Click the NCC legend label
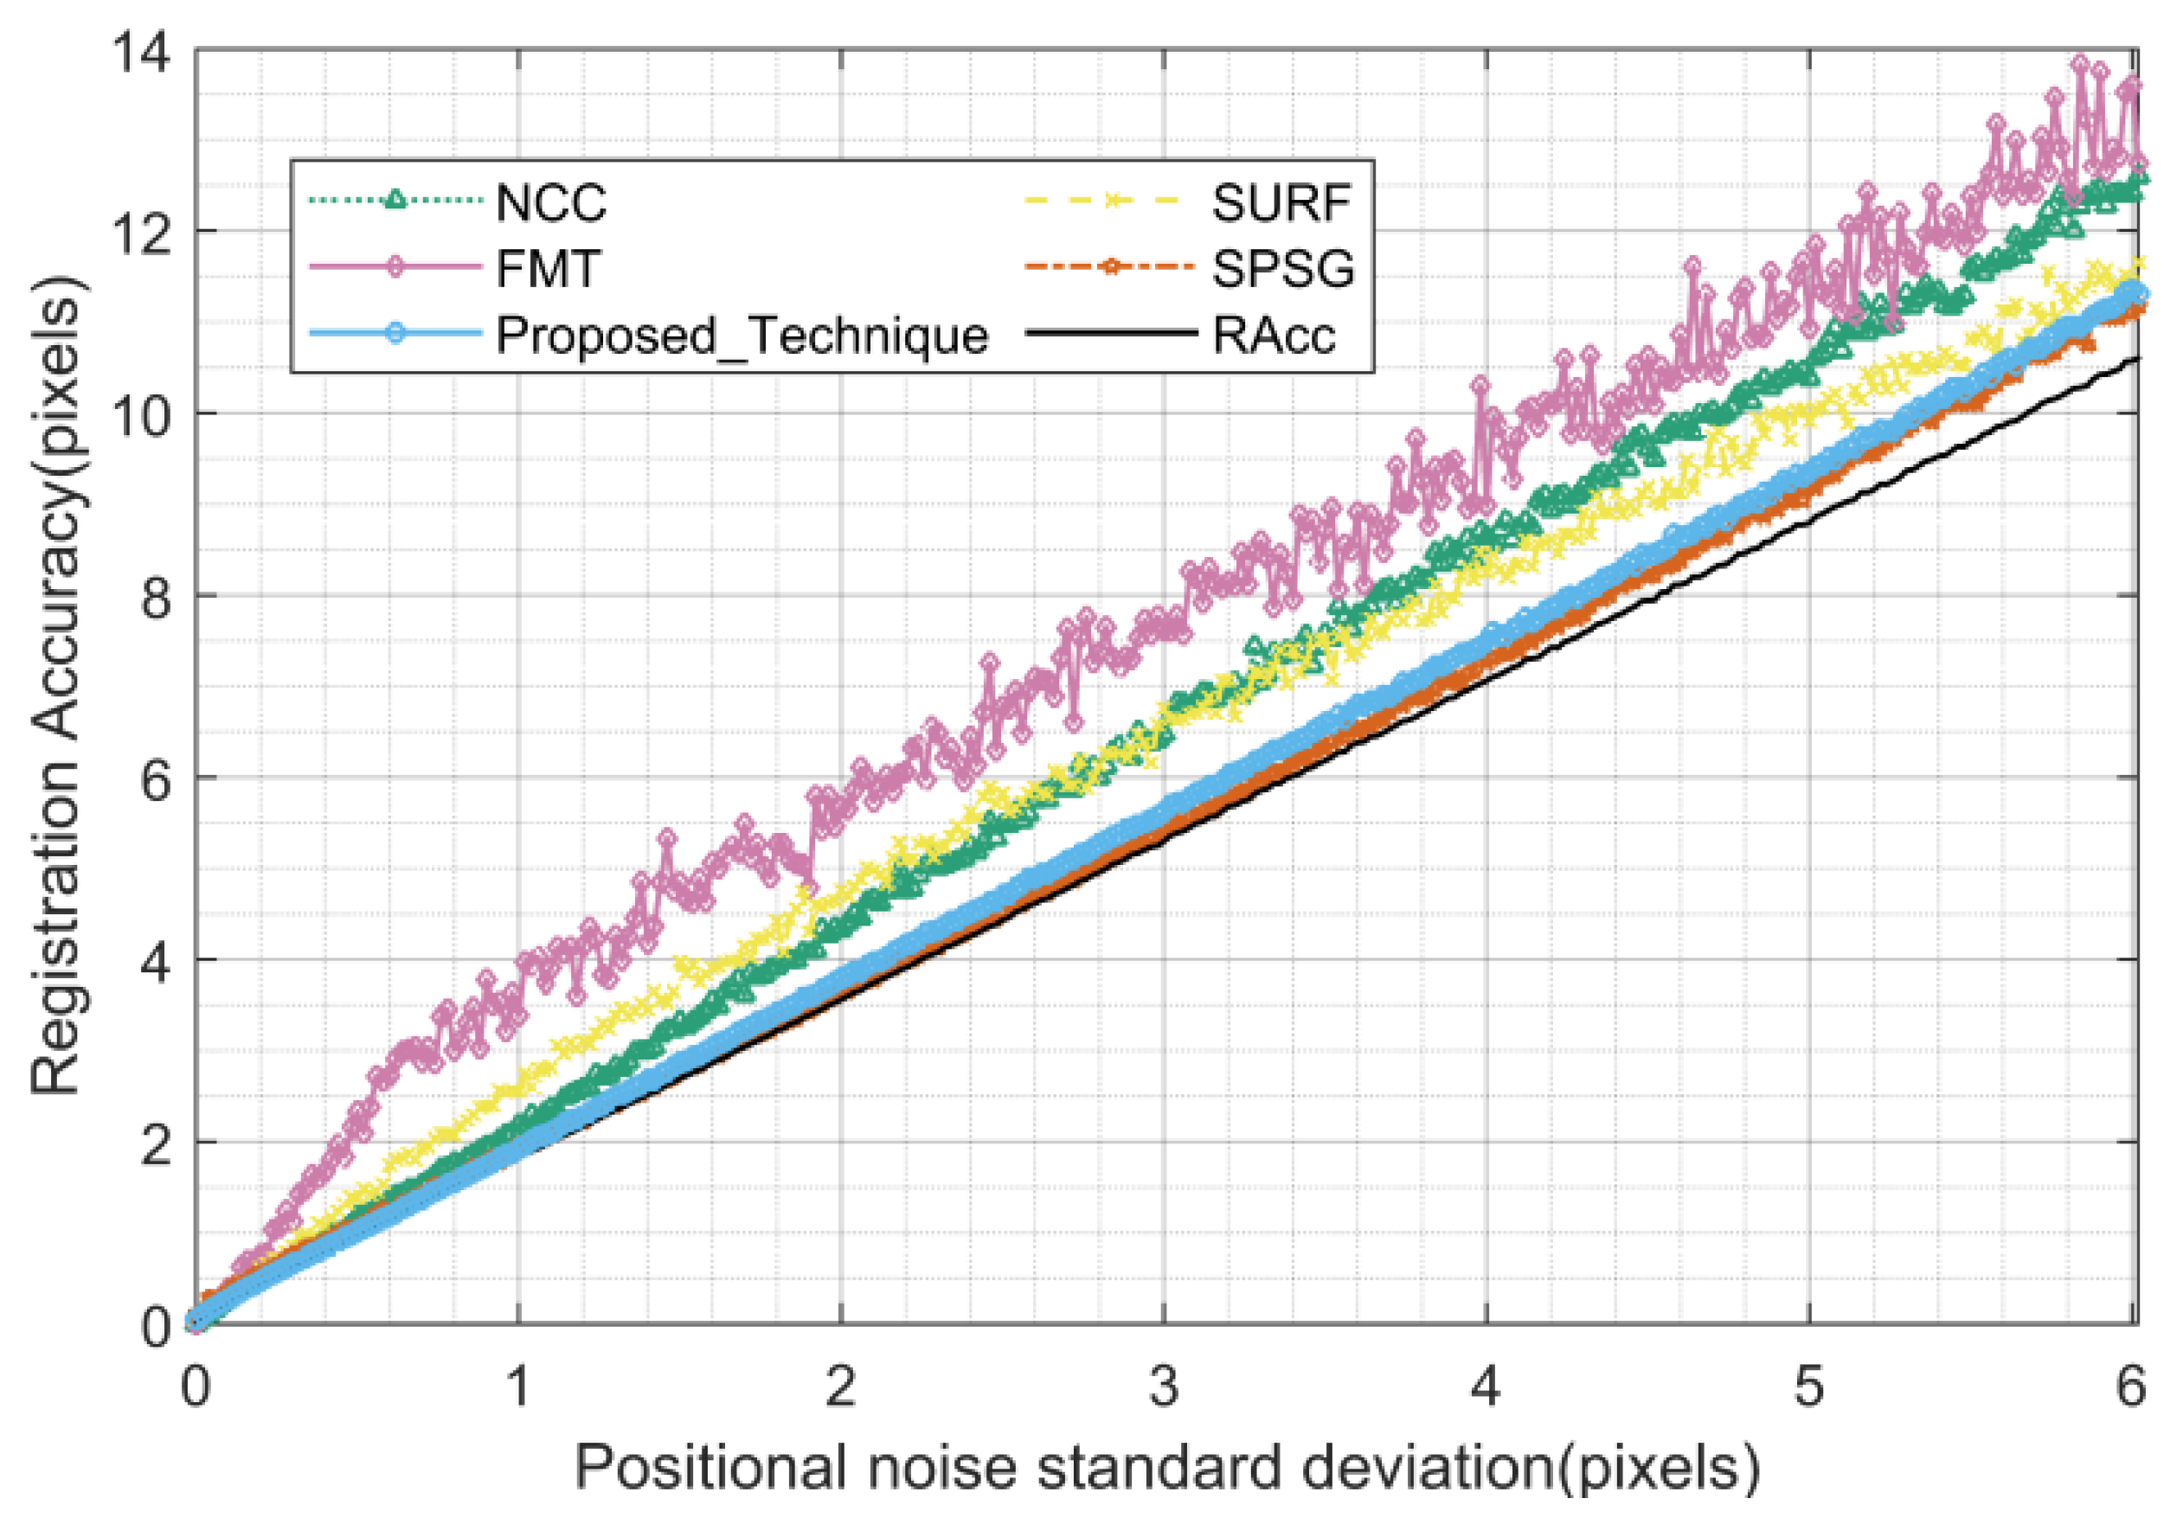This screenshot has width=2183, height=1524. [550, 202]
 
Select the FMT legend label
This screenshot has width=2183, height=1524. [548, 269]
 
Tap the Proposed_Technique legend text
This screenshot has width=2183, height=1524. [742, 335]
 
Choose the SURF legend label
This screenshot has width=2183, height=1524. [1281, 202]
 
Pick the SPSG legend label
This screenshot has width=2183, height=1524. [1282, 269]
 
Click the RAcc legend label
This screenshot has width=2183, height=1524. [1273, 335]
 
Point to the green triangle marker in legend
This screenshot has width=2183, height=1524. [395, 200]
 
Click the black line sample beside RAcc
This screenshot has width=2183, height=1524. [1108, 334]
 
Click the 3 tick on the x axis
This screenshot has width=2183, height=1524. [1164, 1387]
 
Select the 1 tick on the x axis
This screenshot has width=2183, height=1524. [518, 1387]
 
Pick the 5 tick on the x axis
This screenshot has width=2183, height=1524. [1808, 1387]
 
